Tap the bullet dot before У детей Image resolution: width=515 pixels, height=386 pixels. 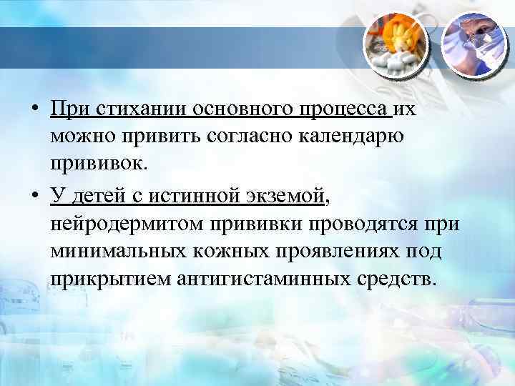coord(35,194)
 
